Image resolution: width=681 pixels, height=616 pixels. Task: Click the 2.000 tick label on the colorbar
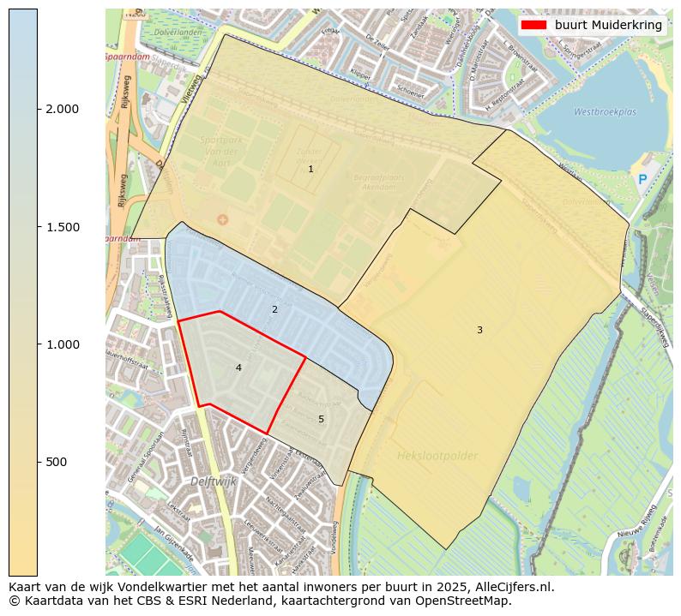click(x=63, y=109)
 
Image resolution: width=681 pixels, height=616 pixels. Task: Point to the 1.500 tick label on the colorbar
click(x=63, y=227)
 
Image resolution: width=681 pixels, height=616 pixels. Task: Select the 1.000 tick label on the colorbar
click(x=63, y=344)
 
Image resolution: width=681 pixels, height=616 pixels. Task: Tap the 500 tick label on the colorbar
click(x=57, y=462)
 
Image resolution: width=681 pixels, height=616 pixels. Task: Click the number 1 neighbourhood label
click(x=310, y=170)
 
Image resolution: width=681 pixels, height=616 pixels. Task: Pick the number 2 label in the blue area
click(x=274, y=309)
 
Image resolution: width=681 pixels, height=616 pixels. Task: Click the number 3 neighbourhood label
click(x=479, y=331)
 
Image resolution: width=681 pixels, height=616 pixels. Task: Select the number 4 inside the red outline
click(x=238, y=368)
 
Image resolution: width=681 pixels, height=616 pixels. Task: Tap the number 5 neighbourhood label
click(x=321, y=419)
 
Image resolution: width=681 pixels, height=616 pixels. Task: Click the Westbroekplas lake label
click(x=605, y=111)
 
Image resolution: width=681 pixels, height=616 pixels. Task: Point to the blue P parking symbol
click(x=642, y=180)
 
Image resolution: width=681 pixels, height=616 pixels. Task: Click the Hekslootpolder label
click(x=437, y=456)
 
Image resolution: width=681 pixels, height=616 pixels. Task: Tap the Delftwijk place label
click(x=214, y=481)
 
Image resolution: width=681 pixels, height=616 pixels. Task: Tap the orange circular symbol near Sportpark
click(x=223, y=220)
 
